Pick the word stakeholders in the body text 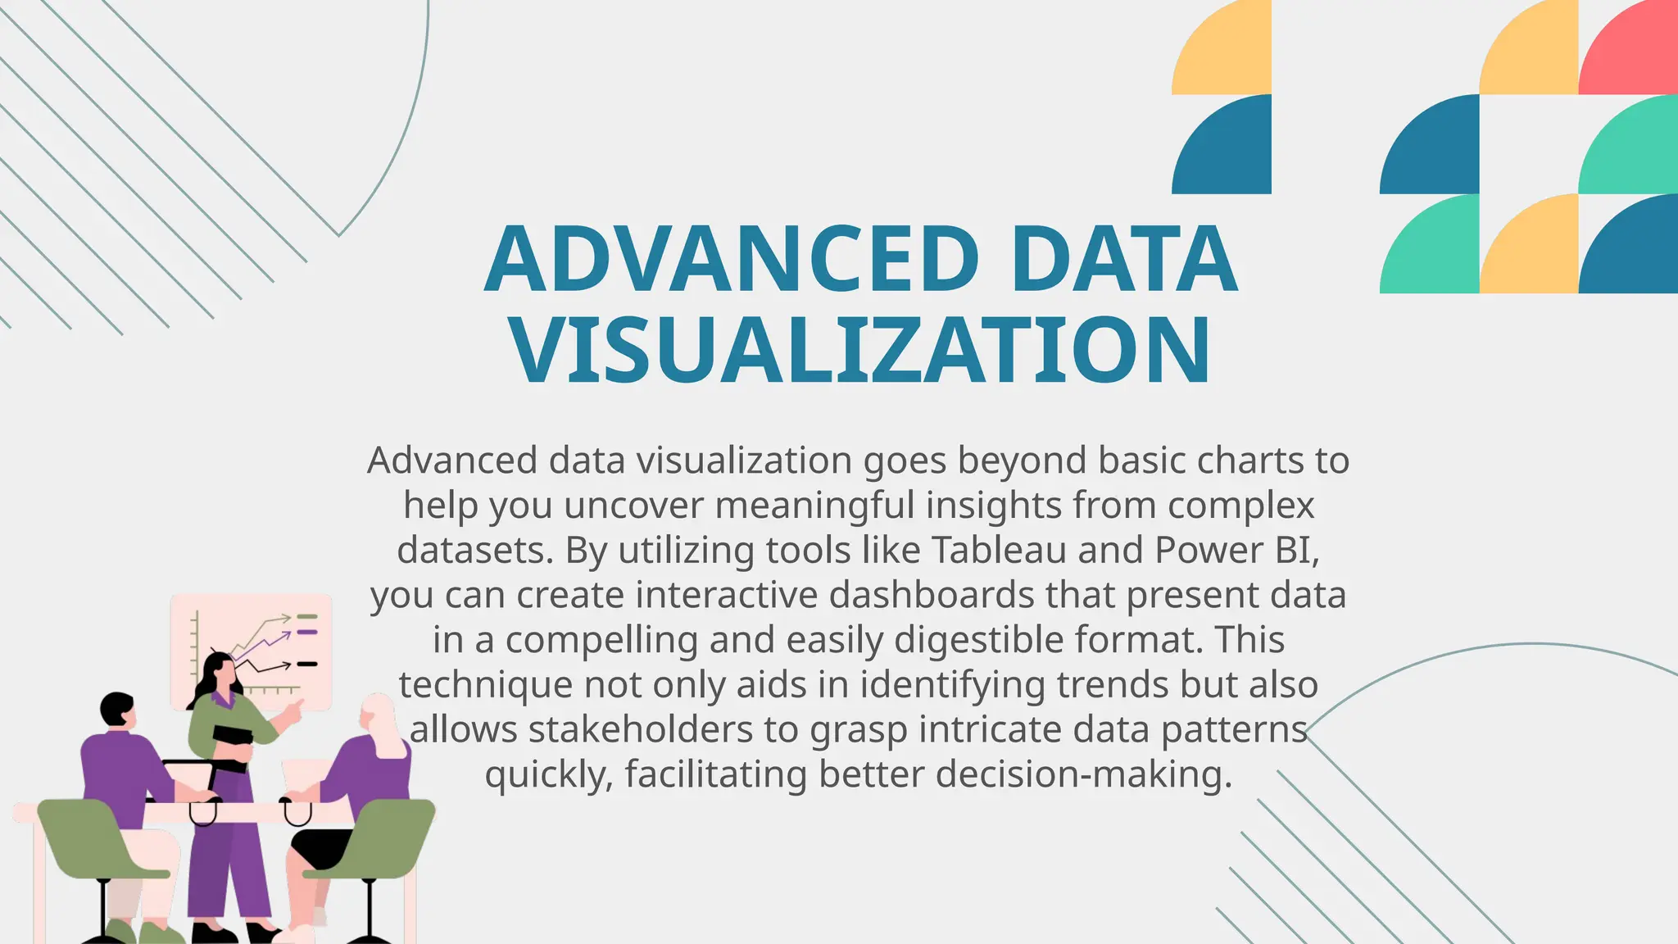640,729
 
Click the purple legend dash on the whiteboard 307,633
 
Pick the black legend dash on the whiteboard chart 307,664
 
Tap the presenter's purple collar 220,699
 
